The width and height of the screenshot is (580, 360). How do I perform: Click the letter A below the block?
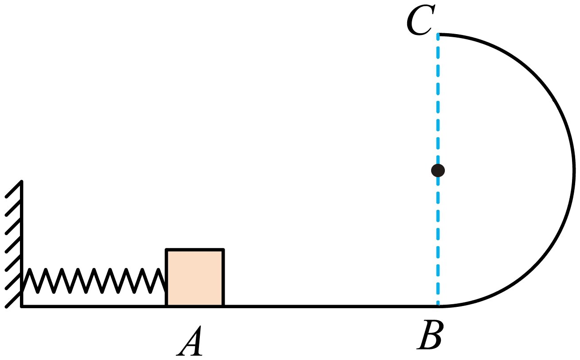tap(190, 341)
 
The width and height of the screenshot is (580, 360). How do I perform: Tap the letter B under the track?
tap(430, 335)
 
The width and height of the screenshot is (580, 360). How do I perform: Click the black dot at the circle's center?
tap(438, 170)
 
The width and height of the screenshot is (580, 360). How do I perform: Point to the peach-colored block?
tap(195, 278)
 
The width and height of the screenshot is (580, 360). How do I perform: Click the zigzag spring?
tap(94, 281)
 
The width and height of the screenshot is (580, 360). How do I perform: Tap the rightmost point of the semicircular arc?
tap(574, 170)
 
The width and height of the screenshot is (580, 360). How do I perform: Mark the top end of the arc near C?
tap(439, 35)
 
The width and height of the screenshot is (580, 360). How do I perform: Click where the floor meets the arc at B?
tap(439, 306)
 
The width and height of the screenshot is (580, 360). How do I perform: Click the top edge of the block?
tap(195, 249)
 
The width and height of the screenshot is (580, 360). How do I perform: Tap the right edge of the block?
tap(223, 278)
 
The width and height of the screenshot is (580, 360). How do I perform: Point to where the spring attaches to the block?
tap(166, 290)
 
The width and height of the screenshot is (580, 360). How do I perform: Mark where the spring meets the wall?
tap(23, 291)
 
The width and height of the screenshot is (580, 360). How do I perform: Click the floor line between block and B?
tap(331, 306)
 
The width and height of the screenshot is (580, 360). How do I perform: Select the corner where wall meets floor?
tap(22, 306)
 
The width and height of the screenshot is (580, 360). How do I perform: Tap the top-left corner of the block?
tap(167, 249)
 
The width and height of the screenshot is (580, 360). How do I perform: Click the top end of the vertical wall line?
tap(22, 182)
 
